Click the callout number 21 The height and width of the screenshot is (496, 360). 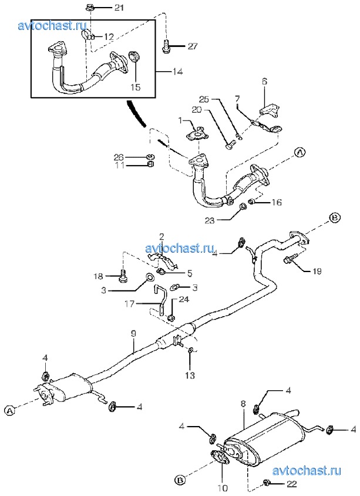click(119, 8)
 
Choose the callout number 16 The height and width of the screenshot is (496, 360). click(276, 202)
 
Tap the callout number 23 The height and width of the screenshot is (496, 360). click(227, 221)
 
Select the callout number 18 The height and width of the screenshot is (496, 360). click(99, 276)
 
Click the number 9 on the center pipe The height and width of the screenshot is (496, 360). click(134, 333)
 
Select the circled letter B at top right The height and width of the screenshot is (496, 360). click(334, 218)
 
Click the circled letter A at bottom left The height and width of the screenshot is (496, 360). click(9, 411)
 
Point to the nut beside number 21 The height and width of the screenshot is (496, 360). click(90, 8)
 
